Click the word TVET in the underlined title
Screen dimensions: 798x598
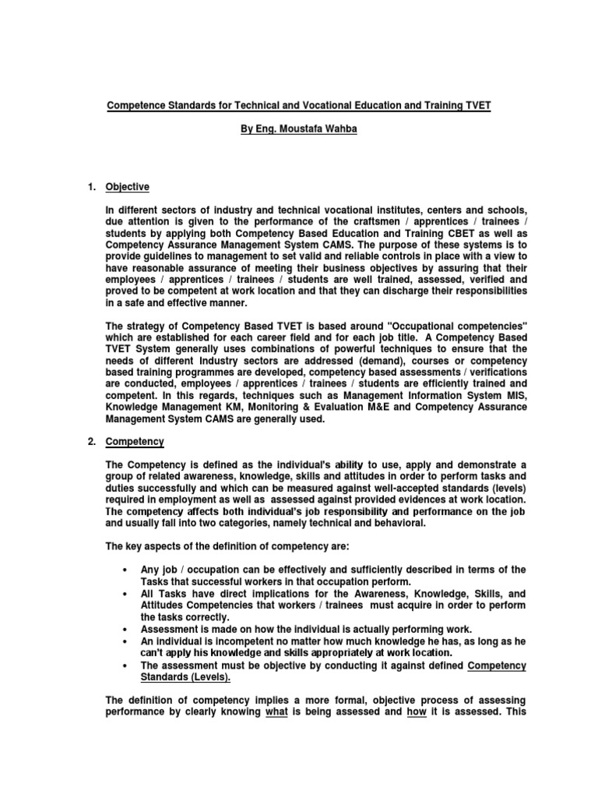click(x=474, y=105)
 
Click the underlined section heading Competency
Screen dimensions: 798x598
click(x=135, y=442)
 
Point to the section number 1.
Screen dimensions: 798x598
click(x=90, y=187)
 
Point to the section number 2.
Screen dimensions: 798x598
click(x=90, y=442)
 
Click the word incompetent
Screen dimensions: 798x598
click(x=236, y=641)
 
